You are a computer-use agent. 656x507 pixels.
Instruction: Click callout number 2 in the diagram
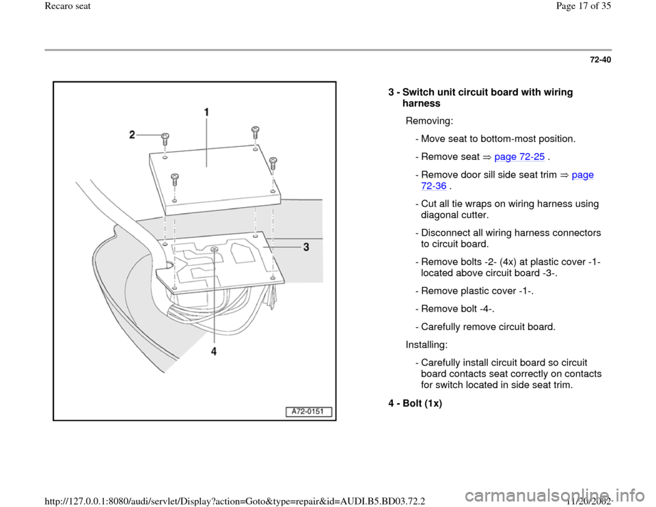[134, 135]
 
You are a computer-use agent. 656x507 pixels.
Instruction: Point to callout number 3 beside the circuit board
[307, 248]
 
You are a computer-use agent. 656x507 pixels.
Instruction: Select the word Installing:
[430, 345]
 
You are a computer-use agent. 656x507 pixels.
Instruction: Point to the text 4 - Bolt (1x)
[415, 404]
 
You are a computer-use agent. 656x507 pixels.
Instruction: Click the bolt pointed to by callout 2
[165, 137]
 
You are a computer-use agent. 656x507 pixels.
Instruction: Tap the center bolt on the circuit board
[215, 249]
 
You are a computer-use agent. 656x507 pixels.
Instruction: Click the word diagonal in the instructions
[444, 215]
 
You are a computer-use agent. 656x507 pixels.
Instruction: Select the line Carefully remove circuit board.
[484, 327]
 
